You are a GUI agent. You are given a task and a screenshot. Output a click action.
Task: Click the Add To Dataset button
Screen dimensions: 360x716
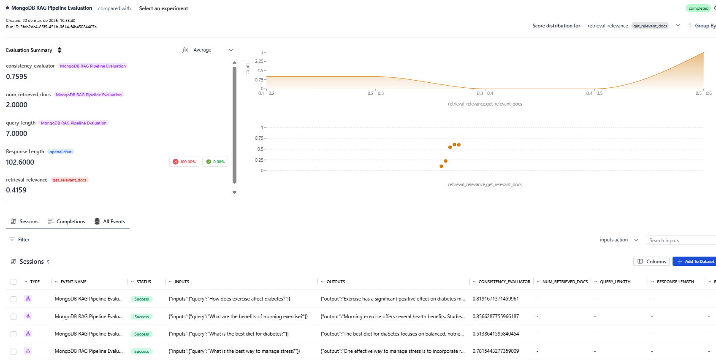pos(694,262)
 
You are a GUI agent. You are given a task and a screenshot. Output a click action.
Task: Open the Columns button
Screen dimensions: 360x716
pos(651,262)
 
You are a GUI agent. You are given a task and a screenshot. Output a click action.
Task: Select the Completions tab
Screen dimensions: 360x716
pos(66,222)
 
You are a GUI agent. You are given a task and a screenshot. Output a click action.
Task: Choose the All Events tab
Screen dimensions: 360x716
pos(110,222)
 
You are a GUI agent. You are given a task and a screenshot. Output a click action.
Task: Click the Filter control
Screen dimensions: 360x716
pos(19,240)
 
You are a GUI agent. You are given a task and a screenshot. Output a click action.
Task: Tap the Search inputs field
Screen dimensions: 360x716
pos(680,241)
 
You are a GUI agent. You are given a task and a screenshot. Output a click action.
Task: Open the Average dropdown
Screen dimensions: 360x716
pos(207,50)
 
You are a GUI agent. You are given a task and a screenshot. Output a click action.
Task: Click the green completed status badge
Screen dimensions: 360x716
pos(698,8)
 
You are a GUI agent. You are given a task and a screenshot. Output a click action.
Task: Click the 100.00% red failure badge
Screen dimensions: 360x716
pos(184,162)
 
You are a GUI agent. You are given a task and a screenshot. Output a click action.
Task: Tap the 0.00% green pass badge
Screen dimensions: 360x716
pos(215,162)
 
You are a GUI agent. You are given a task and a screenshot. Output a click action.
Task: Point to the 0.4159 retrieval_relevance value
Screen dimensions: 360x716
pos(16,190)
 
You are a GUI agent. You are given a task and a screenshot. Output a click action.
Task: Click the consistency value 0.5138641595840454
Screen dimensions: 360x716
pos(496,334)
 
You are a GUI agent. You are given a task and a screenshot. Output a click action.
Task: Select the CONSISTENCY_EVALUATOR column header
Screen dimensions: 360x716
pos(504,282)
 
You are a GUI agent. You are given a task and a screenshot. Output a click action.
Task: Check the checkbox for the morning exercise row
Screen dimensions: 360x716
pos(14,317)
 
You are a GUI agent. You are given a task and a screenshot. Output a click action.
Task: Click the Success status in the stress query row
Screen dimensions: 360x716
pos(141,352)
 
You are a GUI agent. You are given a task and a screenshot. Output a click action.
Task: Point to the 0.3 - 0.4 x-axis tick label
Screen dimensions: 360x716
pos(485,93)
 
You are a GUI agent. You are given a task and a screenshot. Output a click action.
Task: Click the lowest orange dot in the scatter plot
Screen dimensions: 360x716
pos(441,166)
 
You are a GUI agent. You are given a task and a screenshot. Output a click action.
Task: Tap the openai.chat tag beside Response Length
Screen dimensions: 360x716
pos(60,152)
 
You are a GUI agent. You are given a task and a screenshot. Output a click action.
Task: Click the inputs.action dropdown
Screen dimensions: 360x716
pos(619,240)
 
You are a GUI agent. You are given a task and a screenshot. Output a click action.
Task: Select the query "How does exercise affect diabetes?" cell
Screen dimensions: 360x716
pos(229,299)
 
